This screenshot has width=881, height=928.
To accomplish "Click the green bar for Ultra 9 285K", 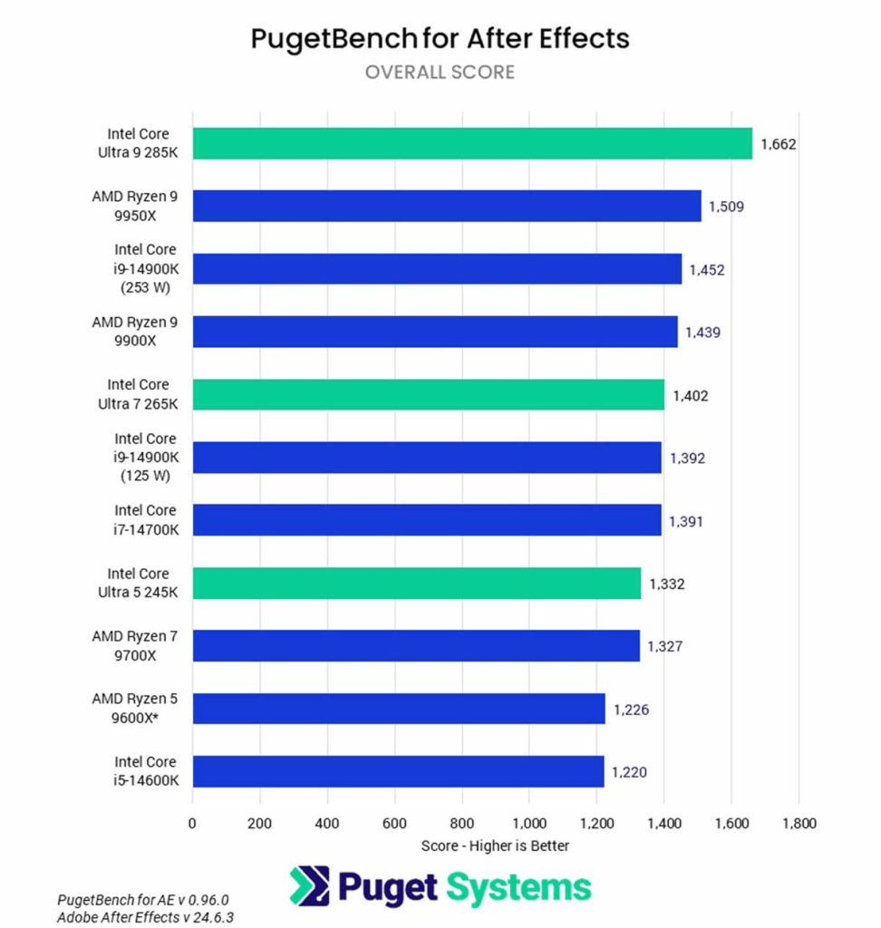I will click(472, 143).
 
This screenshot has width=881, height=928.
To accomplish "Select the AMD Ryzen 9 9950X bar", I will click(447, 206).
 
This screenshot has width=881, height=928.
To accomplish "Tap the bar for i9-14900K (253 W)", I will click(437, 269).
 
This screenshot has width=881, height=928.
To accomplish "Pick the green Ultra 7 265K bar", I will click(428, 394).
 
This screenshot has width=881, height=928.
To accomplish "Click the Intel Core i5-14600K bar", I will click(398, 771).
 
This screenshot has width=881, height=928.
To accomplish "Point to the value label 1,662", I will click(779, 143).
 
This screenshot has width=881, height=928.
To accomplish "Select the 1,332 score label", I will click(666, 584).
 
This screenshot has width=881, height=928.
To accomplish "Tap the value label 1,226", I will click(631, 710).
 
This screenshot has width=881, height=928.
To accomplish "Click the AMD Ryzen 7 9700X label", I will click(135, 645).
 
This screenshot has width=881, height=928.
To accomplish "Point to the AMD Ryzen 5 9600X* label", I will click(135, 708).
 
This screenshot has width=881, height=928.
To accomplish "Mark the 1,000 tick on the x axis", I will click(529, 824).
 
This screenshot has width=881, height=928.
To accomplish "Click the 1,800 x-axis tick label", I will click(798, 824).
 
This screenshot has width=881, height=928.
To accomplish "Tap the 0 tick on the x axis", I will click(192, 824).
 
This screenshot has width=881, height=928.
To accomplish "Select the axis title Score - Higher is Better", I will click(495, 846).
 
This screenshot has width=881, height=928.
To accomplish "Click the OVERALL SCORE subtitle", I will click(440, 72).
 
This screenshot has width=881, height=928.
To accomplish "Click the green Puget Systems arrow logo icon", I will click(309, 885).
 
